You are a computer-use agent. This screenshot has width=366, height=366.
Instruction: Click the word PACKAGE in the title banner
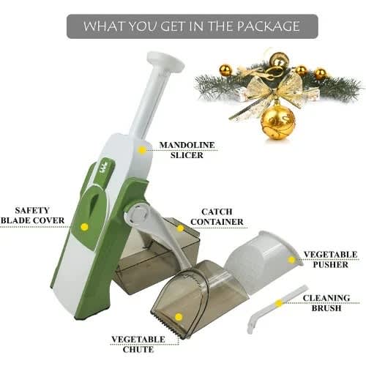pos(268,26)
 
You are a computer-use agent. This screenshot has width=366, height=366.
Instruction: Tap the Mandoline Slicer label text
pos(187,150)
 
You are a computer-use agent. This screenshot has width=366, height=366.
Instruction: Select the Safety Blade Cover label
pos(32,215)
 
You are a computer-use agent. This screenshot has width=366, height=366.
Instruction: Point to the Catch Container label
pos(217,217)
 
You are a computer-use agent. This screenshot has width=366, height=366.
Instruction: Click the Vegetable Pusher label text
pos(331,259)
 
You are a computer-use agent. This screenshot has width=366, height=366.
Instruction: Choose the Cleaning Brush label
pos(326,303)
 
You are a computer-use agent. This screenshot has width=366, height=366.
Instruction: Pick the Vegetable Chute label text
pos(138,344)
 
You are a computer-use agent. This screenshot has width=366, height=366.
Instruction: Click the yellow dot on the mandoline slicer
pos(141,150)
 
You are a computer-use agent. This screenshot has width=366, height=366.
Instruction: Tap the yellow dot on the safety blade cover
pos(84,227)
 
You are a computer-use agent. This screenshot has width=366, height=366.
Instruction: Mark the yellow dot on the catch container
pos(180,228)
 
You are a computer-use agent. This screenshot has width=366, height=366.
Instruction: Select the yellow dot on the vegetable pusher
pos(291,260)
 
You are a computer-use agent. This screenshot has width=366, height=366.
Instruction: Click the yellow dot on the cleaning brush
pos(278,304)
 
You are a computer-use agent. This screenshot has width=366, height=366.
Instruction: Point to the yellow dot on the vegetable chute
pos(179,317)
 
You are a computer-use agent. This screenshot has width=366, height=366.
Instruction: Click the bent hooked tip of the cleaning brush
pos(250,326)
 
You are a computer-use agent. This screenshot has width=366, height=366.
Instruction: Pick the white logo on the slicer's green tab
pos(104,168)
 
